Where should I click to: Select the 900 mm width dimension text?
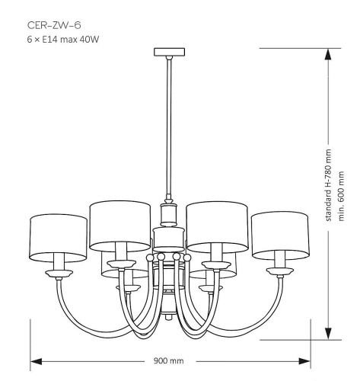(168, 360)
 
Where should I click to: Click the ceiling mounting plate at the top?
(169, 52)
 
